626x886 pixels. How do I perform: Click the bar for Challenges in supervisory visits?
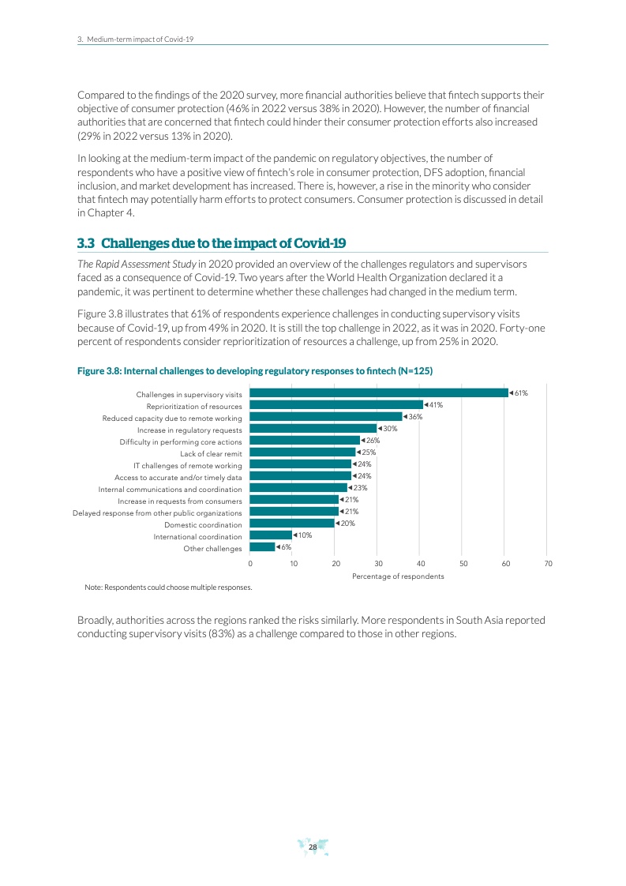point(379,392)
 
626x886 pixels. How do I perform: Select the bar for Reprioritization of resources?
point(336,404)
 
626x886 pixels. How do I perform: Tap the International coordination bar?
point(271,535)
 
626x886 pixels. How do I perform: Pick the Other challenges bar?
point(262,546)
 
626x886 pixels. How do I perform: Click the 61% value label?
point(520,392)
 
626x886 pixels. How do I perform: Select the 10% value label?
point(305,535)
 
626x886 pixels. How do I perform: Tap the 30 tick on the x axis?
point(378,563)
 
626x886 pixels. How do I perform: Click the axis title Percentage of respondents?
point(398,576)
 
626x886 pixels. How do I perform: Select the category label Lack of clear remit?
point(211,454)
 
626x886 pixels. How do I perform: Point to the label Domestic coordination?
point(203,525)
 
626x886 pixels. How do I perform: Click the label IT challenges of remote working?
point(187,466)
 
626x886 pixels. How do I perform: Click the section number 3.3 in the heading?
point(85,242)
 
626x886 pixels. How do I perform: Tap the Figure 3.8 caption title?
point(254,370)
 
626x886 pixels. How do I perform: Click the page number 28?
point(313,847)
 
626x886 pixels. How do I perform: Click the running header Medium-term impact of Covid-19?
point(139,38)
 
